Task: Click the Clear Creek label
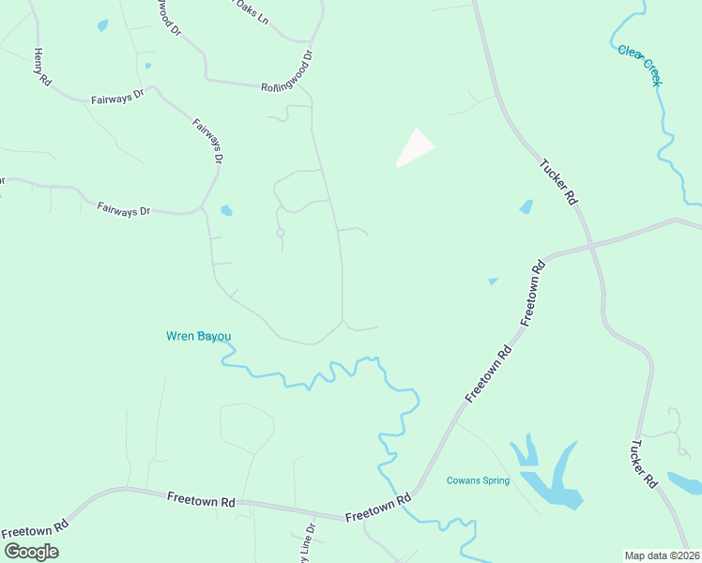coord(641,65)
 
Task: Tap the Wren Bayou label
coord(198,336)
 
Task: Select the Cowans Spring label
coord(478,480)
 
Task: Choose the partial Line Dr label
coord(307,544)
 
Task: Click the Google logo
coord(31,552)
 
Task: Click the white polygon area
coord(414,148)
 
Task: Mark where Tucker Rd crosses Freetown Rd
coord(591,246)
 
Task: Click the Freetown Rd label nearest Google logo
coord(35,529)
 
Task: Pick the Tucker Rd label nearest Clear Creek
coord(557,182)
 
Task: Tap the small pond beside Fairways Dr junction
coord(225,210)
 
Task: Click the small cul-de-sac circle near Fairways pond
coord(280,232)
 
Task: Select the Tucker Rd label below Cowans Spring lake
coord(644,464)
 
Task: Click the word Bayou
coord(213,336)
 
